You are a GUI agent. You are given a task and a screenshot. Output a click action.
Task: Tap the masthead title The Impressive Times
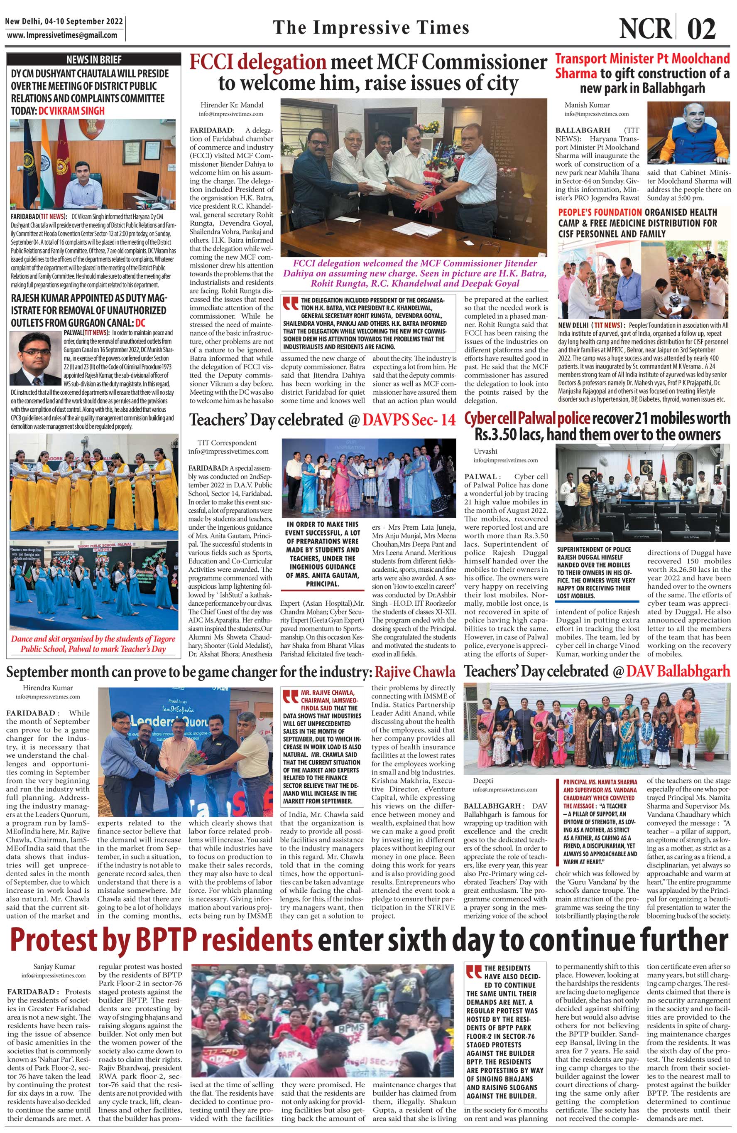(x=371, y=27)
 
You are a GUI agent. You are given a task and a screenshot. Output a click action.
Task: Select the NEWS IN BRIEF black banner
(x=94, y=59)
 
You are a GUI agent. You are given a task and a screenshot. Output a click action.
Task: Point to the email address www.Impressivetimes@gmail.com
(x=62, y=35)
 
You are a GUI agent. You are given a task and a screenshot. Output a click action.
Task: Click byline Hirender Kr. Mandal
(x=232, y=105)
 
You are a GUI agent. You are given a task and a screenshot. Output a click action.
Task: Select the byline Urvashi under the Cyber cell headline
(x=485, y=451)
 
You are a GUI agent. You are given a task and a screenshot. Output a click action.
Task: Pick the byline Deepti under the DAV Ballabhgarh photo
(x=483, y=781)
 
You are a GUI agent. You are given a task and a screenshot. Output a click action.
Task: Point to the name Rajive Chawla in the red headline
(x=415, y=672)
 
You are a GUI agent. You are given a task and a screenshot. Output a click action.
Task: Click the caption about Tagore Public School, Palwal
(x=94, y=644)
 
